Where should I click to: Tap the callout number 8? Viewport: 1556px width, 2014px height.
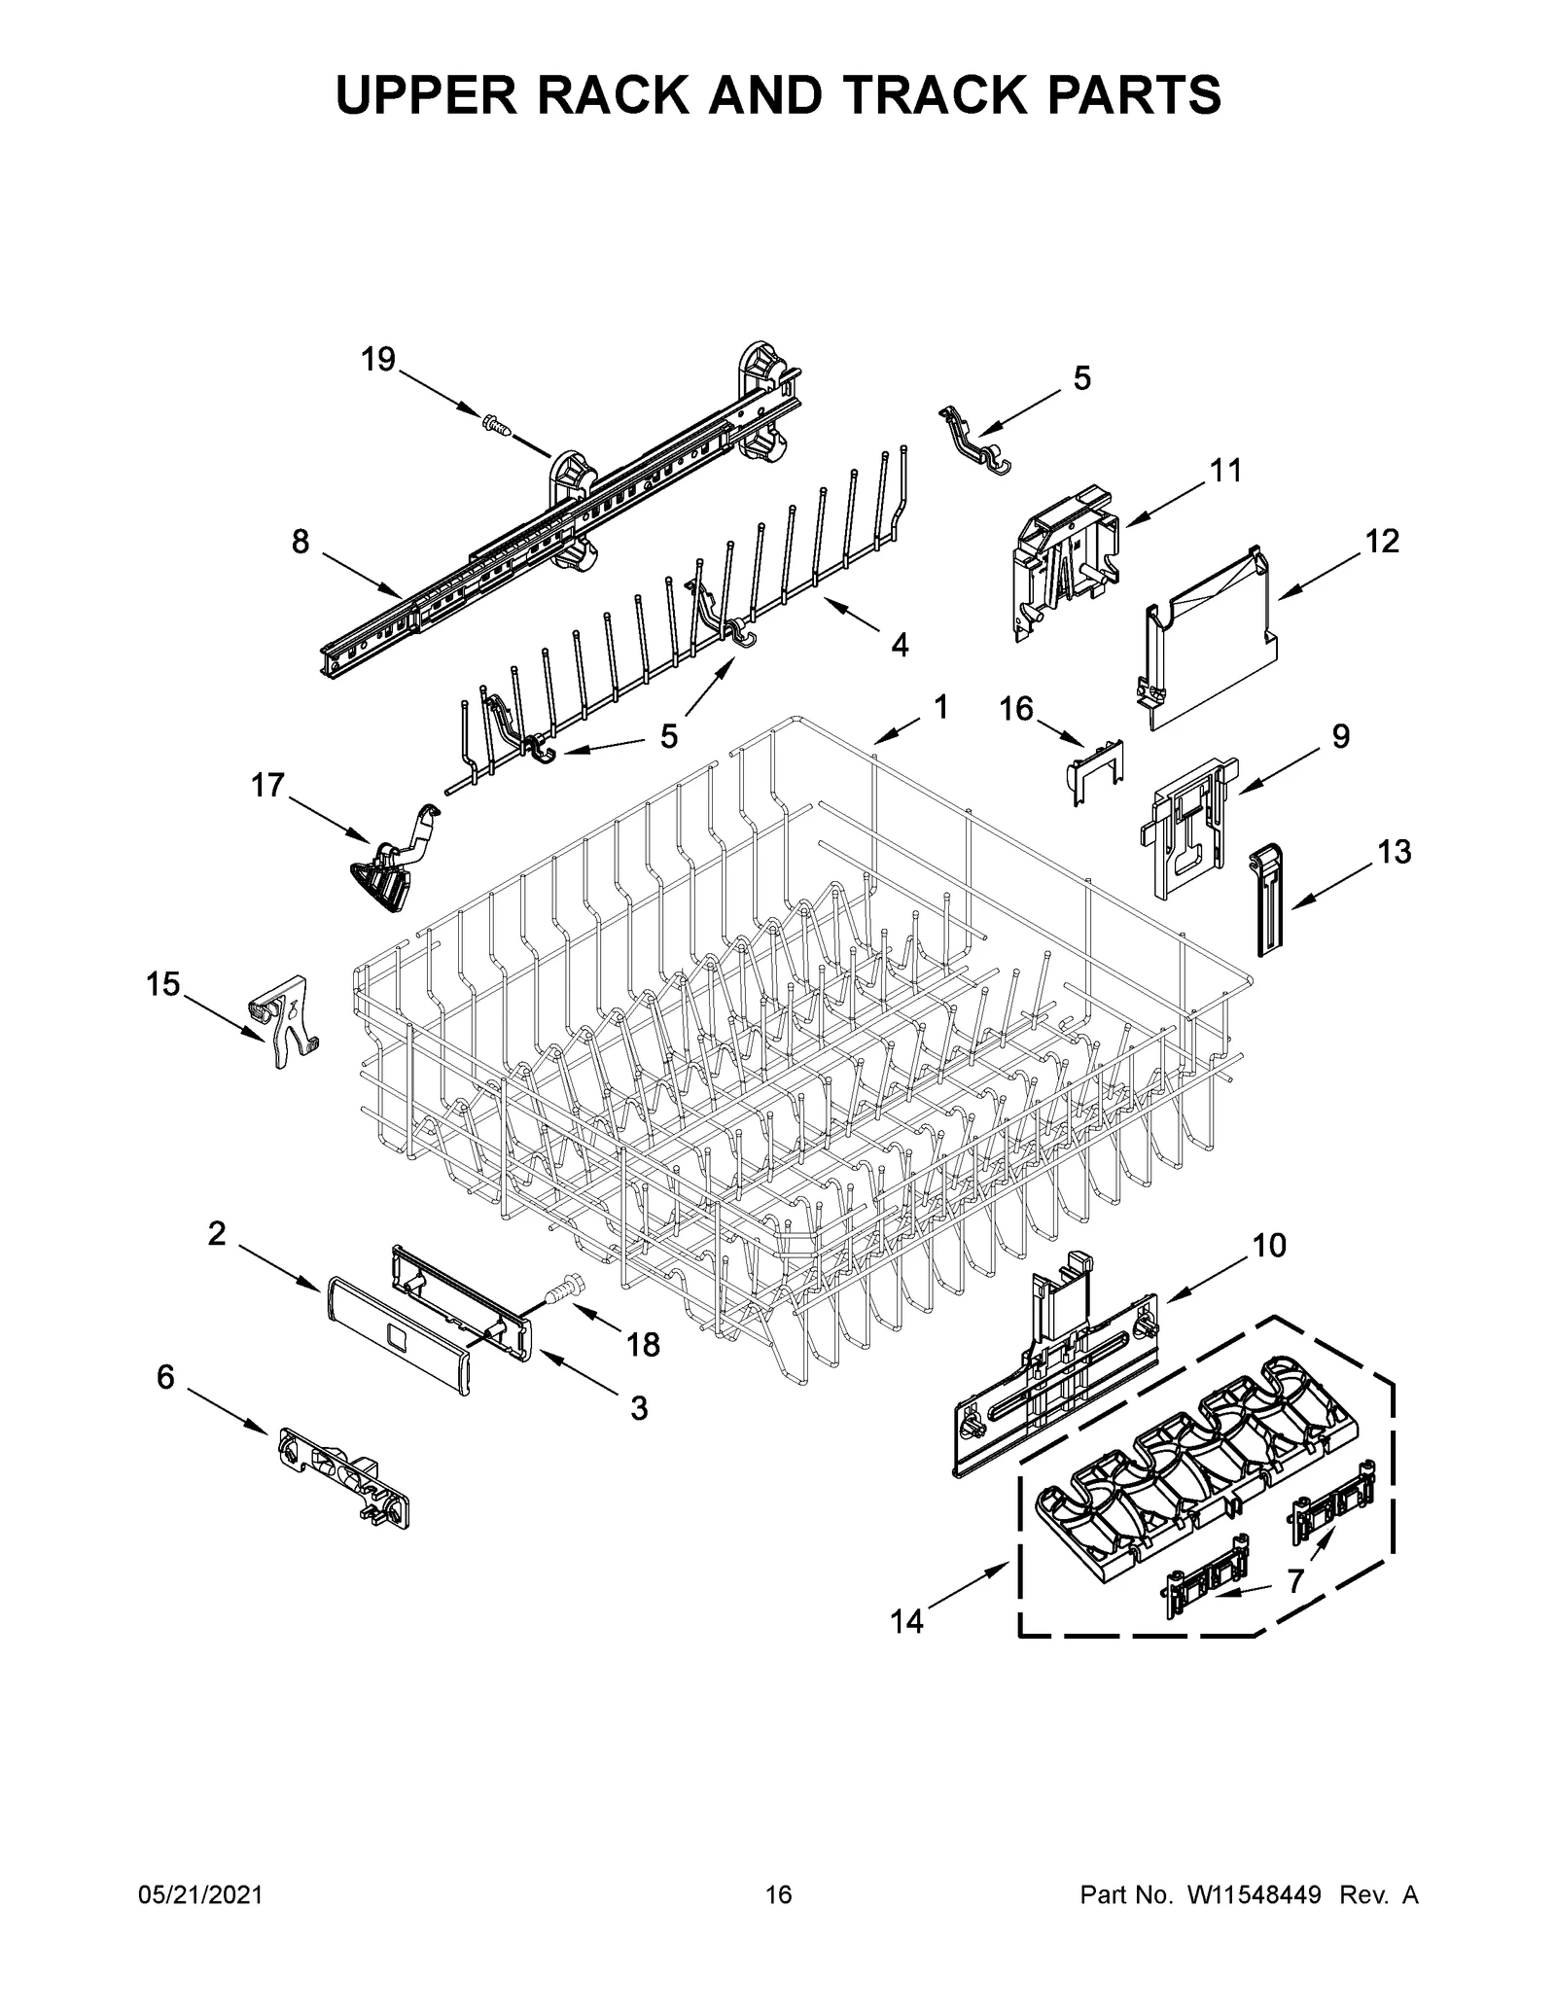pos(301,542)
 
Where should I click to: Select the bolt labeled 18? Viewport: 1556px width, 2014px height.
pos(563,1291)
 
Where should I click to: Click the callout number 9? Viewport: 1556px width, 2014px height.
pos(1340,736)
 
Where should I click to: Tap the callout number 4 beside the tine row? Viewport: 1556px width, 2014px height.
pos(900,644)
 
